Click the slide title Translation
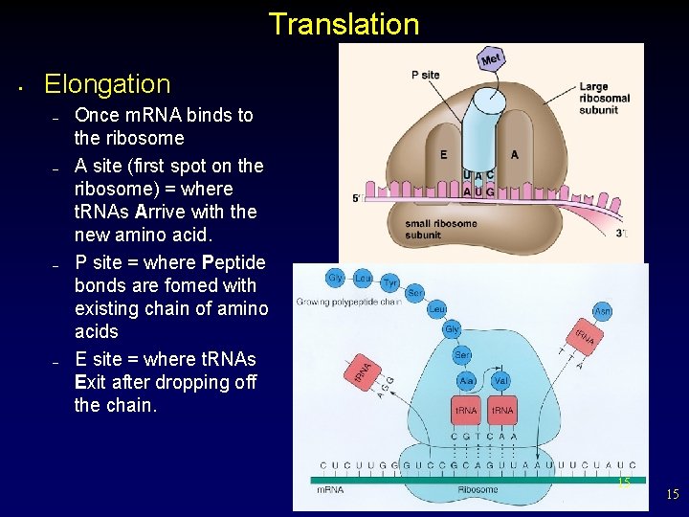point(344,24)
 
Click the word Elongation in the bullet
point(107,84)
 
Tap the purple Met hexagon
point(491,59)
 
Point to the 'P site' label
point(425,75)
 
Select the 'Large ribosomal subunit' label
point(605,98)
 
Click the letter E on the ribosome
point(443,154)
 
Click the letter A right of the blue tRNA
point(515,154)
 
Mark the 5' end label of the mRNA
point(357,199)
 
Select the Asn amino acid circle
point(602,311)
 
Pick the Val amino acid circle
point(500,380)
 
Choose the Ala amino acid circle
point(466,380)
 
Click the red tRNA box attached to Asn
point(583,335)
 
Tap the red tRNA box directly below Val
point(500,411)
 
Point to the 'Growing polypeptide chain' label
point(348,303)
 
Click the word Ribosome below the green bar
point(478,489)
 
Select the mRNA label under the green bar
point(332,489)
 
